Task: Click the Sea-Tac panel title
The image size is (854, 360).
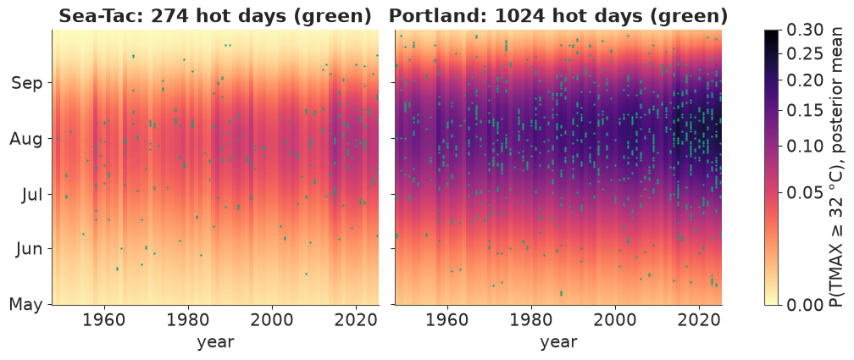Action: click(x=215, y=16)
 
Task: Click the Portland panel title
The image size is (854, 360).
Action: click(x=558, y=16)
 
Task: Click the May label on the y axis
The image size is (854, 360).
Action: click(x=25, y=304)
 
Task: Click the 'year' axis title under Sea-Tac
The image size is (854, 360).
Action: click(x=216, y=342)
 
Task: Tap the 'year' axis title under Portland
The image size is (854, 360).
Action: click(x=559, y=342)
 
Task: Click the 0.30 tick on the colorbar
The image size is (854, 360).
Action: click(x=806, y=31)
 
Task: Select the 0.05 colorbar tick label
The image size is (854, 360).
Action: click(x=806, y=192)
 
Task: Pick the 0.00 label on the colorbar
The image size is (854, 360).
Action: click(x=806, y=304)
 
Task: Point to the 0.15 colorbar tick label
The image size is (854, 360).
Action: click(x=806, y=109)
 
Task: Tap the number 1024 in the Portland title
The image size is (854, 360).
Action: click(x=514, y=16)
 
